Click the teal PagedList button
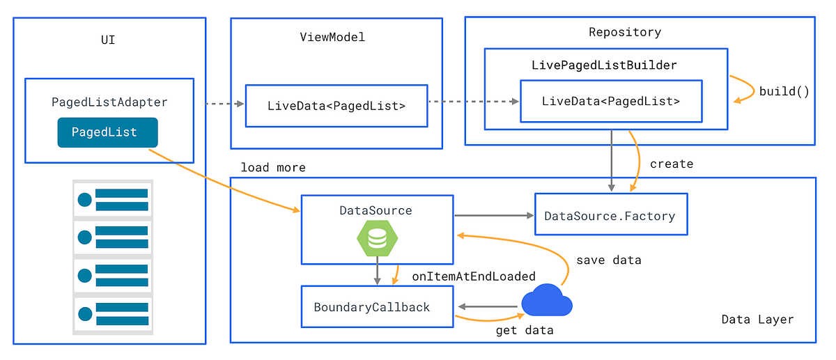[x=107, y=132]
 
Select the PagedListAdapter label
[x=109, y=102]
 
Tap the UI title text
[x=108, y=40]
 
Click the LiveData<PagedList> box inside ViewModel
[x=336, y=106]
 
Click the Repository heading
[x=624, y=32]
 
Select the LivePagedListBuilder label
[x=604, y=65]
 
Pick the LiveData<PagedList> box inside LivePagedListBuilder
[x=610, y=101]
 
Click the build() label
[x=784, y=91]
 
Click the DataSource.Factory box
[x=610, y=215]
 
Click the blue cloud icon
[x=546, y=301]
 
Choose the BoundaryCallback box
[x=377, y=307]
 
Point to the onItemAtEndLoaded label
[x=474, y=276]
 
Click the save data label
[x=608, y=260]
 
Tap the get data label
[x=524, y=330]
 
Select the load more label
[x=273, y=168]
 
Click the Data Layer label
[x=757, y=320]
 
